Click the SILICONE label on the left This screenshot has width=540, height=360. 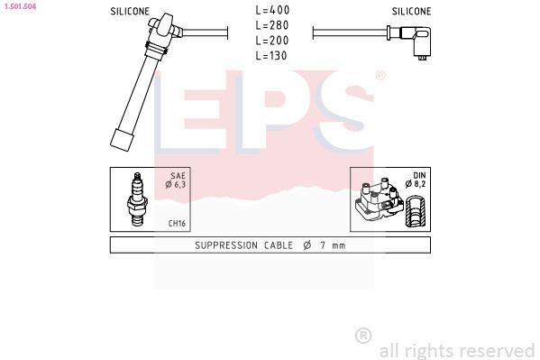click(130, 12)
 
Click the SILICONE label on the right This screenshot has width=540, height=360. click(411, 12)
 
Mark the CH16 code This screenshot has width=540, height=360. click(177, 224)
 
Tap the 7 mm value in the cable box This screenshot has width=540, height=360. click(333, 245)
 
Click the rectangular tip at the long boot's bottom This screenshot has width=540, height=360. click(119, 140)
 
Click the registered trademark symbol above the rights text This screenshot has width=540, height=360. click(363, 336)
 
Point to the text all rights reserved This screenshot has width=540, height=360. click(456, 350)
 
